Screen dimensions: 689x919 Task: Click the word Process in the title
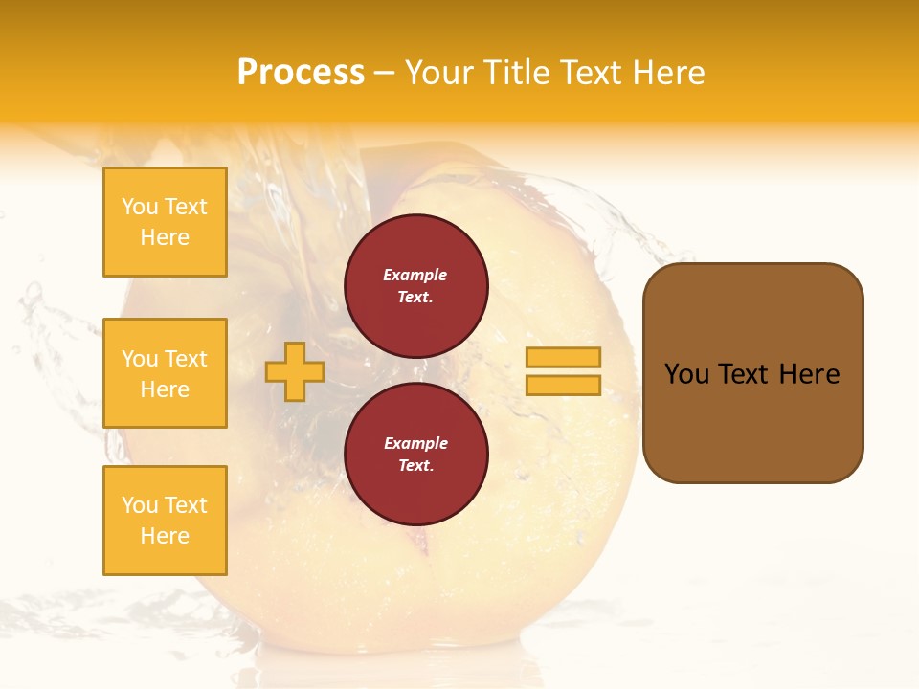pos(301,73)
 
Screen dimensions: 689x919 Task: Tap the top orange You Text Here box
pos(165,222)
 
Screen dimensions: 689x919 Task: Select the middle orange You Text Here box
pos(165,373)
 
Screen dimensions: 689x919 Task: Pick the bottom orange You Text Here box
pos(165,521)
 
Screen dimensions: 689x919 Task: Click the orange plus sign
pos(295,371)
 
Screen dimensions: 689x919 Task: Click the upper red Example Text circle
pos(415,285)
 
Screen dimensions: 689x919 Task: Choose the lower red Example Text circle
pos(415,454)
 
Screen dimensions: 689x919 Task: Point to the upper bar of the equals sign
pos(563,357)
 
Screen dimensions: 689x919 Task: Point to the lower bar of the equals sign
pos(563,385)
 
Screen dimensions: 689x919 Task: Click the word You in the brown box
pos(686,374)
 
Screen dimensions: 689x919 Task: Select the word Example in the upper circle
pos(415,275)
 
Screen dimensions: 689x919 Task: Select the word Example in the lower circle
pos(415,443)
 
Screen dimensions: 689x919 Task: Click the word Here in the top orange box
pos(165,237)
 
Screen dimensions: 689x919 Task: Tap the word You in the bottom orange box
pos(139,505)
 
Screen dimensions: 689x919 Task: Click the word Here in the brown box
pos(810,374)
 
